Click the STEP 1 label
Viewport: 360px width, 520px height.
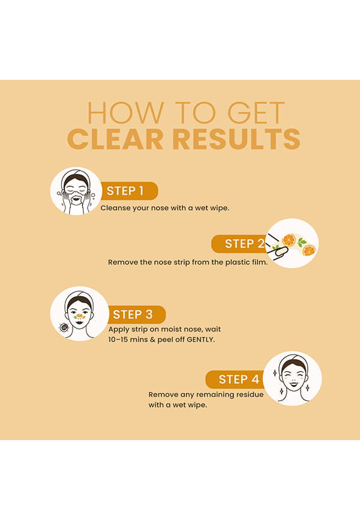click(x=125, y=191)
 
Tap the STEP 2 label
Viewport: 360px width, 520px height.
click(x=245, y=244)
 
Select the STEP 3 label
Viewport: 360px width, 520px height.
click(x=133, y=315)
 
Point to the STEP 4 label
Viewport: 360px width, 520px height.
click(x=239, y=379)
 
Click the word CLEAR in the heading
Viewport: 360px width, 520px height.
click(x=115, y=139)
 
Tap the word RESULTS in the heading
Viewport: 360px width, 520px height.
click(x=236, y=139)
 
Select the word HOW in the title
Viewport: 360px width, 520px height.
click(x=125, y=113)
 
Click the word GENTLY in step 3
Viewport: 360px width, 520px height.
click(x=200, y=340)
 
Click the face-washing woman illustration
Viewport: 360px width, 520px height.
click(x=76, y=192)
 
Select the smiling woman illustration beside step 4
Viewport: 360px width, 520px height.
click(x=293, y=378)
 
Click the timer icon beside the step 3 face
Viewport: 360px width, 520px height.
click(x=64, y=328)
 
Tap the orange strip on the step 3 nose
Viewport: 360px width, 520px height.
click(x=79, y=316)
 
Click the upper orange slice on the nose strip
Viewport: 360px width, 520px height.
click(x=289, y=240)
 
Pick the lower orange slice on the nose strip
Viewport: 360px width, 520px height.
click(x=309, y=251)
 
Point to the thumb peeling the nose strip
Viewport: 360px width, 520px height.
click(x=282, y=252)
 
